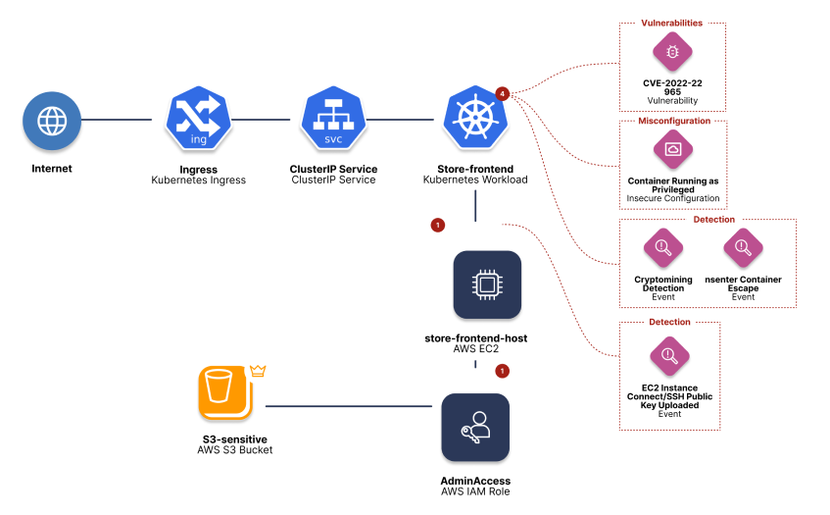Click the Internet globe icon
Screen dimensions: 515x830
(51, 121)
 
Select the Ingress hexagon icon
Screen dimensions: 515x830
(198, 121)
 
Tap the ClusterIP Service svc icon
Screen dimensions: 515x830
(333, 121)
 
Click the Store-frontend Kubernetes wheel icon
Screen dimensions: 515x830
(474, 120)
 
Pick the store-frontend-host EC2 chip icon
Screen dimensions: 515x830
(487, 284)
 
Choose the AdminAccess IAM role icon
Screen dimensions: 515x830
(475, 428)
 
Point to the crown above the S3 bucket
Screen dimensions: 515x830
(259, 371)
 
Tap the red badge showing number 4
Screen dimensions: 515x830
(503, 93)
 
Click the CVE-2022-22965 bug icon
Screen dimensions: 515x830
(672, 52)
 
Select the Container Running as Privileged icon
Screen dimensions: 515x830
(672, 149)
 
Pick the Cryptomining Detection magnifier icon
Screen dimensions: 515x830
(662, 247)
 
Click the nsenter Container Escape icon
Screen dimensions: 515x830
(743, 247)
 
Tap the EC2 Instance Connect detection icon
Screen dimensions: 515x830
(670, 355)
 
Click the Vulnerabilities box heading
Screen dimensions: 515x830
(672, 22)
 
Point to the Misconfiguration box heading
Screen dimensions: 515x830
(672, 121)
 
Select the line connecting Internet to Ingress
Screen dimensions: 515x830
(117, 121)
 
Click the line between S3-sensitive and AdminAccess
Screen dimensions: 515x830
(350, 406)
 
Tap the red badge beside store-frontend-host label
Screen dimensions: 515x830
(503, 371)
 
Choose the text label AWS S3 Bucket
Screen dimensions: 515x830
(235, 450)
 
